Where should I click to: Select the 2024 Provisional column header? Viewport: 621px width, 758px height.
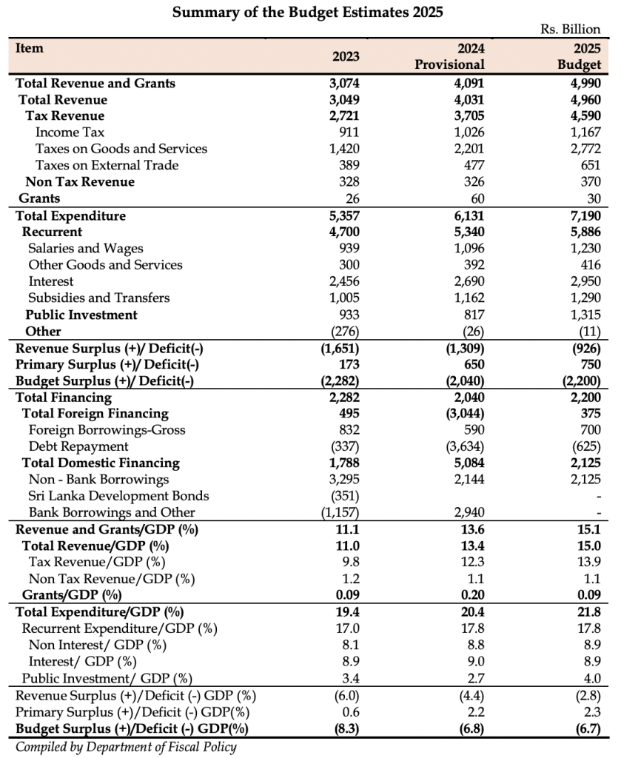pos(449,56)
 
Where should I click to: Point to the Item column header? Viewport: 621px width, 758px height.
pos(30,48)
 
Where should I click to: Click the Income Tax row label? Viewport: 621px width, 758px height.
pos(70,133)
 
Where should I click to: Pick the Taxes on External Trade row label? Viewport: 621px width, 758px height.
pos(107,165)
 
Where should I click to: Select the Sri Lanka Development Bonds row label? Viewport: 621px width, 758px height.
pos(118,496)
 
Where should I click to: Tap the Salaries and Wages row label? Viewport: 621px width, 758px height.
pos(85,249)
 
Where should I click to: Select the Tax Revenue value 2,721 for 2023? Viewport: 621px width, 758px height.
pos(343,116)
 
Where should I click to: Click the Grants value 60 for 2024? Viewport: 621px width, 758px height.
pos(477,198)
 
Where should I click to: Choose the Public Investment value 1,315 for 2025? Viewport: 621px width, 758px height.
pos(583,315)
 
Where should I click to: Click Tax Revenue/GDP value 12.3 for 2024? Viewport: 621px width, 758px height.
pos(473,563)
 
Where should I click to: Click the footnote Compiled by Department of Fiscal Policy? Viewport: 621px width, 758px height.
pos(126,747)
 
